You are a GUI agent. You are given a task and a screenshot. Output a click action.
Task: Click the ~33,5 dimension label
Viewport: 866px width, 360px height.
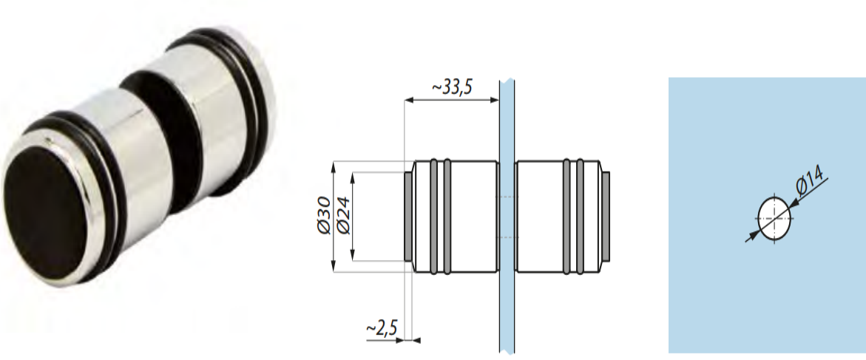(452, 88)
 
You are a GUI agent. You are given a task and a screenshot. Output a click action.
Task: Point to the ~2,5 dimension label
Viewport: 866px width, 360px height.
(382, 327)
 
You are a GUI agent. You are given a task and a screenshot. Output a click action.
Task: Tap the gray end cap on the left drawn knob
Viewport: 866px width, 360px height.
(407, 217)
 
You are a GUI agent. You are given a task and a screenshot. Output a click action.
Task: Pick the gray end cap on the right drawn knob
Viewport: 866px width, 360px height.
(607, 217)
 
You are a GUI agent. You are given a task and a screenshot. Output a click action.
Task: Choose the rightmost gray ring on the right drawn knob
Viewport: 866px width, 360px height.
(581, 217)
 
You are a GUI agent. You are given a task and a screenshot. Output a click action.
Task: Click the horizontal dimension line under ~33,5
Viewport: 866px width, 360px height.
(452, 101)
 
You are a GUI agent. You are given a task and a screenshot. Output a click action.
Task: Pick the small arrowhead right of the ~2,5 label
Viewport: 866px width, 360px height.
(416, 340)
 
